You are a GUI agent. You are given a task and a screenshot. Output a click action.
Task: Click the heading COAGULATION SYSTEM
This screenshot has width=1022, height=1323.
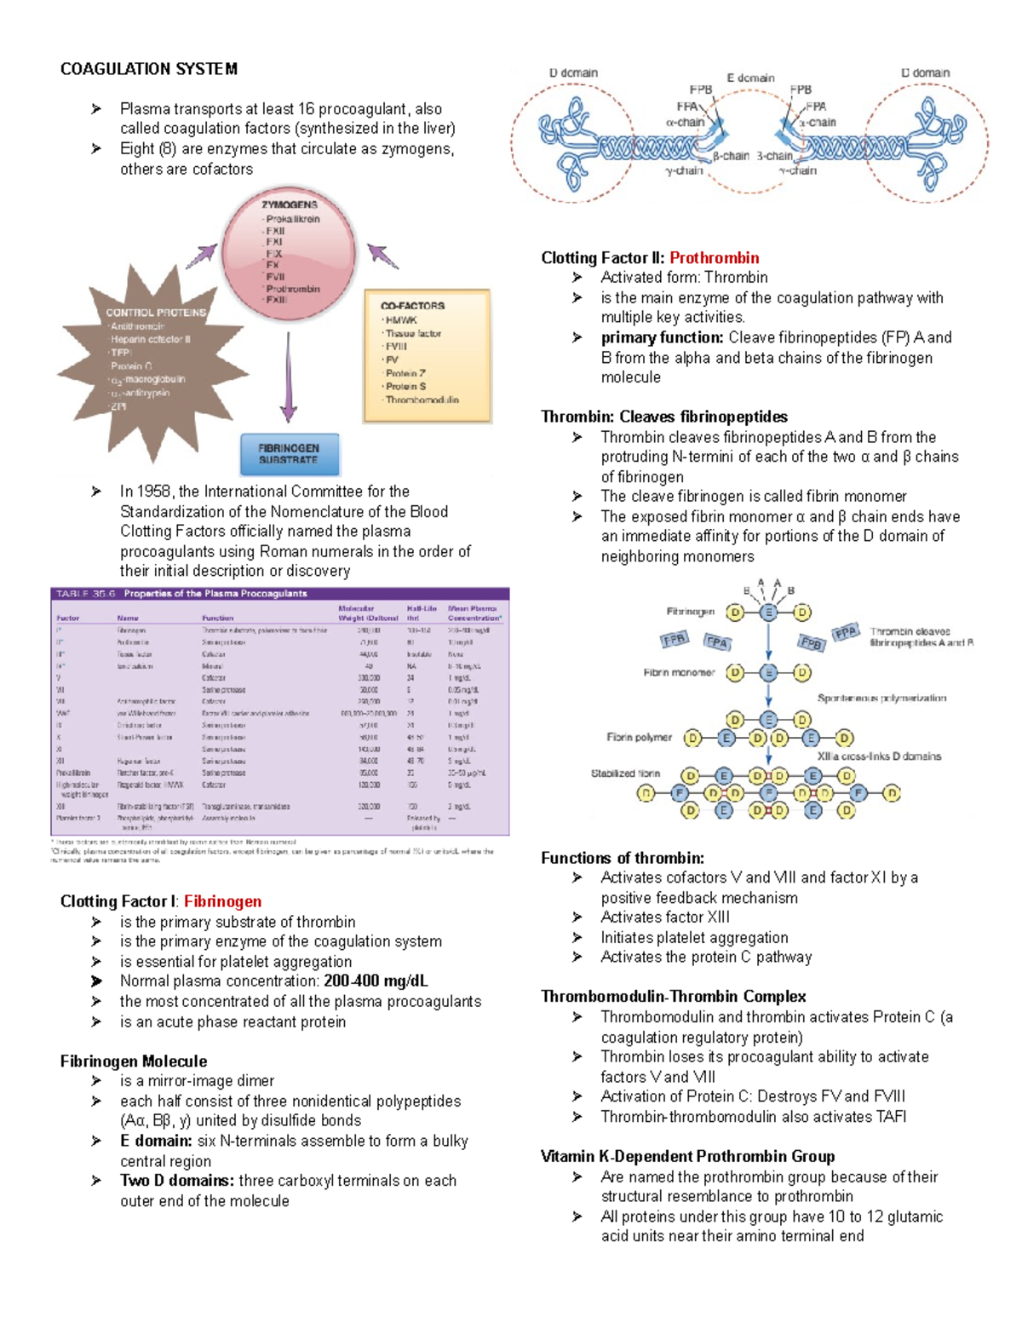pos(149,69)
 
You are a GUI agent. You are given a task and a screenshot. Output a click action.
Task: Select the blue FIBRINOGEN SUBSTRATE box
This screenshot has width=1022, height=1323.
pos(289,454)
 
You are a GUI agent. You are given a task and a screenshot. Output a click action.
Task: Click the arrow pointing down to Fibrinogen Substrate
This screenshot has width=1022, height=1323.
pos(289,375)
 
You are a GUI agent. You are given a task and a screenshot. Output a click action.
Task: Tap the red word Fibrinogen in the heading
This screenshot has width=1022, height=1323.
pos(223,901)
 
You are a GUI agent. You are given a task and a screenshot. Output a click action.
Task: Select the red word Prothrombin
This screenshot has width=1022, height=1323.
pos(714,258)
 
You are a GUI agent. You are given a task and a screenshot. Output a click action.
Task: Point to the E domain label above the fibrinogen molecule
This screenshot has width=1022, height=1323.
pos(750,78)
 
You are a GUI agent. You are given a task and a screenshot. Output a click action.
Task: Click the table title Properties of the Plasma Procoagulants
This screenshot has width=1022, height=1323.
pos(215,594)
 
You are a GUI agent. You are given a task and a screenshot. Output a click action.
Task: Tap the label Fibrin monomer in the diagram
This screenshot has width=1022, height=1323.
pos(679,672)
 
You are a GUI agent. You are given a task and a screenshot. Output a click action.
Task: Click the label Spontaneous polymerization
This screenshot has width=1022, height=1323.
pos(881,698)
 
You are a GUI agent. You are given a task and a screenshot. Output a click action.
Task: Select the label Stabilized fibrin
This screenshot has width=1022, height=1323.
pos(625,774)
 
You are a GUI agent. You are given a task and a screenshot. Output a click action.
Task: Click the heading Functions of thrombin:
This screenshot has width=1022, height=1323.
pos(623,858)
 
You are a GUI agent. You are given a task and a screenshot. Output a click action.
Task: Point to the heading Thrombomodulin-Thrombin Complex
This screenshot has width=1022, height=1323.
pos(673,997)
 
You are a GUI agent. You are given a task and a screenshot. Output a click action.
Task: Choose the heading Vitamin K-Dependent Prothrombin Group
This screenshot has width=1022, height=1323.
pos(687,1157)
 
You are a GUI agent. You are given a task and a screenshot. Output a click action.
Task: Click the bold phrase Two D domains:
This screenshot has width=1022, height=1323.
pos(177,1181)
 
